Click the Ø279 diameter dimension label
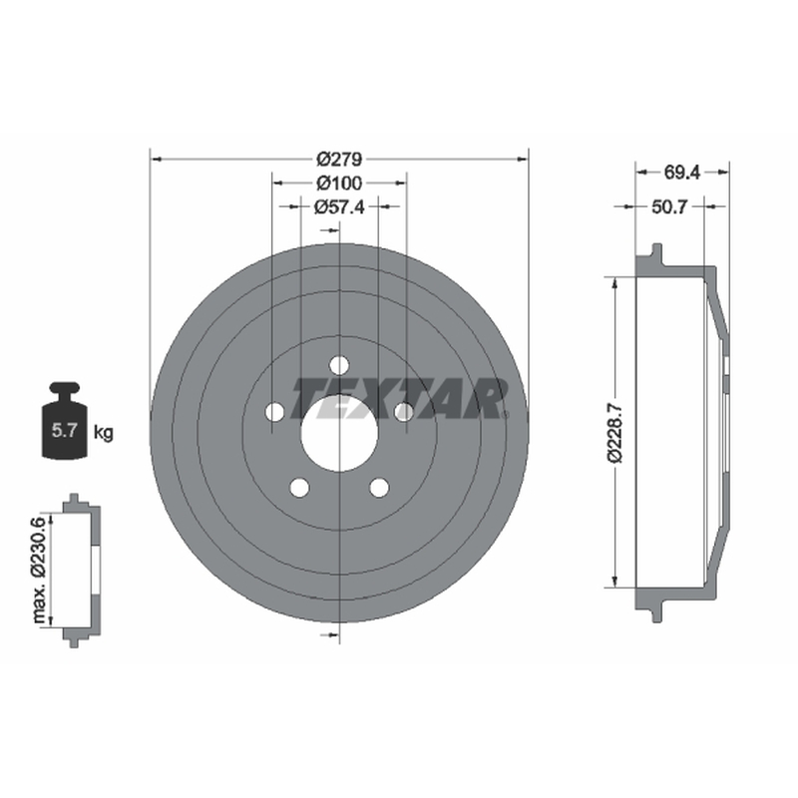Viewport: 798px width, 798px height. (339, 160)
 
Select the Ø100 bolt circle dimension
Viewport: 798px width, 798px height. (339, 183)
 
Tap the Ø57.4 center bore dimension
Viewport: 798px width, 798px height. (339, 206)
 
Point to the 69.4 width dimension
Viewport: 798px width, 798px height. (682, 173)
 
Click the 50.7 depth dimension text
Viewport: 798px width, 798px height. (669, 206)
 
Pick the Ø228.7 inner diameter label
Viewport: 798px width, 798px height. (615, 431)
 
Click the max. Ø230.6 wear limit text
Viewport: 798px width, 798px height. (39, 570)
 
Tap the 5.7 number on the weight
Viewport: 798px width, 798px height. (64, 431)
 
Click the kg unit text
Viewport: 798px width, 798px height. (104, 433)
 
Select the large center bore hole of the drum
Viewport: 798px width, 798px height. (339, 434)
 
